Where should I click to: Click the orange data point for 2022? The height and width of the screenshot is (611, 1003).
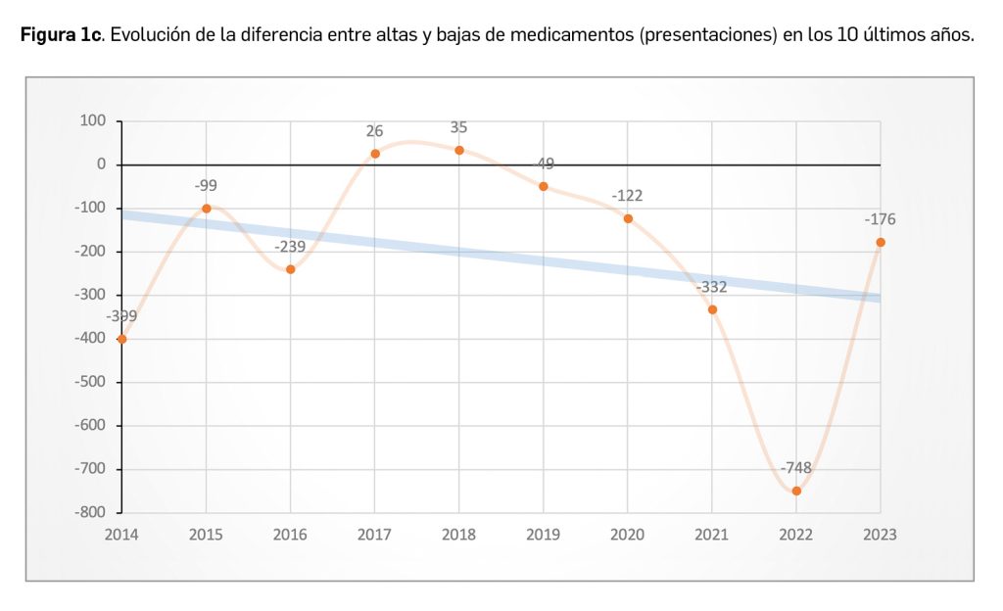(796, 491)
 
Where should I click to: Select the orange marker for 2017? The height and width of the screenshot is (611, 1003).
(375, 154)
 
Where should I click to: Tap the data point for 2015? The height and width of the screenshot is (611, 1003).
(206, 208)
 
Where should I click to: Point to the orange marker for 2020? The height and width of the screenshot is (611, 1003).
(628, 218)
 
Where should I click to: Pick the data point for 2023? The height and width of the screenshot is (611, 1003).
(881, 242)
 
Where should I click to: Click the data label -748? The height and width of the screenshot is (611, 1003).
(796, 467)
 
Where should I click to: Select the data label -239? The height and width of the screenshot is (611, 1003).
(290, 247)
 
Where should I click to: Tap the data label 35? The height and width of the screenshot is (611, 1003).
(459, 127)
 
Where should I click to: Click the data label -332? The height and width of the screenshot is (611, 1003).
(712, 287)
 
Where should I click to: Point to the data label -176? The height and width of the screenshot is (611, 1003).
(880, 219)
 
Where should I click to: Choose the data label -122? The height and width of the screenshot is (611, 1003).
(627, 196)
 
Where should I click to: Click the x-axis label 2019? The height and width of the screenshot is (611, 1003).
(544, 535)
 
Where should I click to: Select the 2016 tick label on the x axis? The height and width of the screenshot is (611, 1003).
(290, 535)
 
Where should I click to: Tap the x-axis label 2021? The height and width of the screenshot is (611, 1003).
(712, 535)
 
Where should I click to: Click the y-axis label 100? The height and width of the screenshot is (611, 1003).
(92, 121)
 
